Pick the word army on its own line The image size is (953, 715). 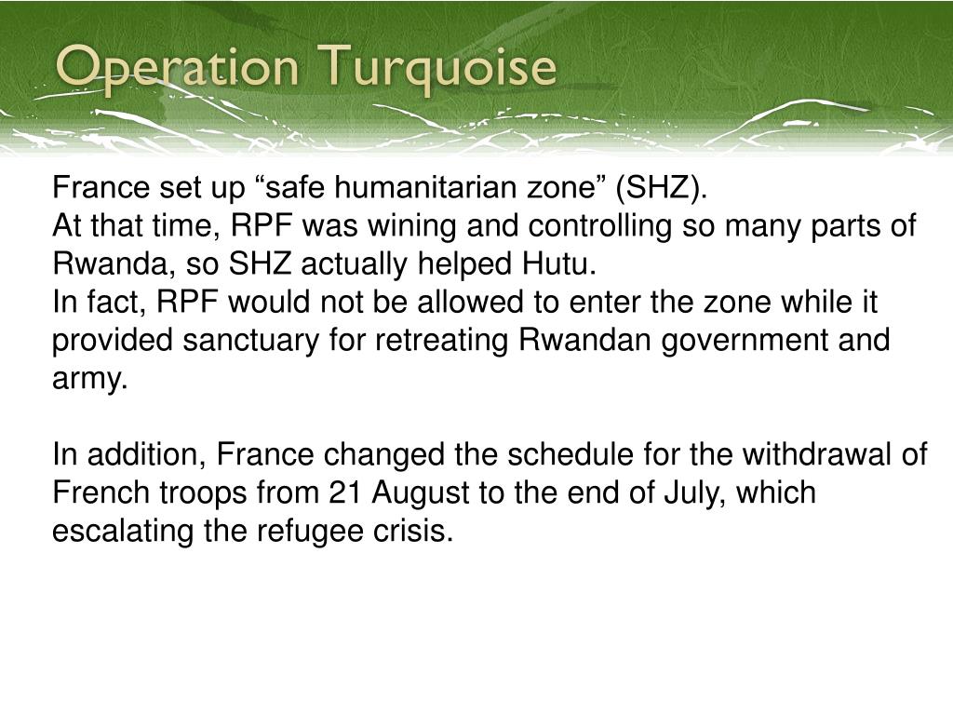pos(88,380)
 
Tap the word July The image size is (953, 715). pos(690,492)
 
